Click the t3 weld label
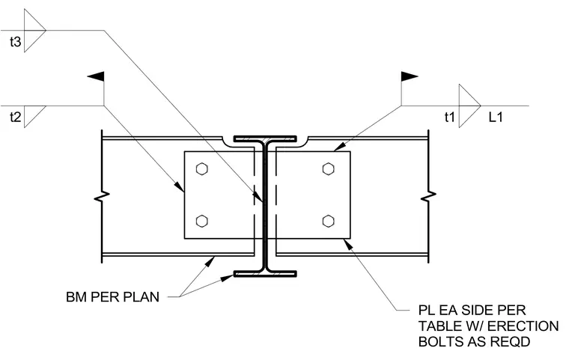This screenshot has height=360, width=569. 15,42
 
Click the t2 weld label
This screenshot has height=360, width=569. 15,118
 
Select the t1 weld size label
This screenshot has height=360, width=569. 450,118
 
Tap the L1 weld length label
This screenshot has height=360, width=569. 496,118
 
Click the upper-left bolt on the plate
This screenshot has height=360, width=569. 201,168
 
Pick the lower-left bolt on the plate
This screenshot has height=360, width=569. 201,221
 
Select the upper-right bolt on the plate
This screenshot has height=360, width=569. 329,168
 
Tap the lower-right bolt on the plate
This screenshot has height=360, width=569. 329,221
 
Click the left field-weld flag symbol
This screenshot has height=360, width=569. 97,76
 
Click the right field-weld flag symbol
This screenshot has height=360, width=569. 410,76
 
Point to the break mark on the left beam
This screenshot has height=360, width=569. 102,196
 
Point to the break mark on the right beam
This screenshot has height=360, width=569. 428,196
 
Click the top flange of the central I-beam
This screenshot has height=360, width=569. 265,138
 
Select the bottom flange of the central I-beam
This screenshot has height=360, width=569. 265,274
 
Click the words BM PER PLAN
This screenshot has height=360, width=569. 112,297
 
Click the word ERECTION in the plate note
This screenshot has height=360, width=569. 523,326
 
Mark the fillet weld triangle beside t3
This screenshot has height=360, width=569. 35,31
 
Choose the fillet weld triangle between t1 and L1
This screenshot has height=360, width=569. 470,106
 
